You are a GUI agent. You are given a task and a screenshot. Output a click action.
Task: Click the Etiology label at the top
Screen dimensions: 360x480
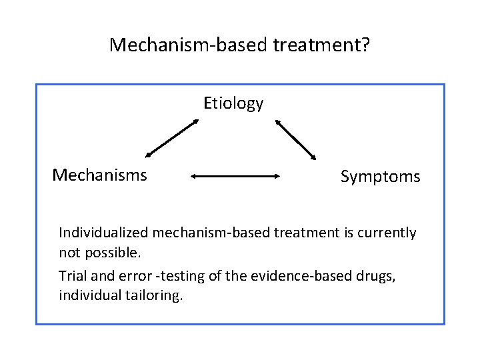233,103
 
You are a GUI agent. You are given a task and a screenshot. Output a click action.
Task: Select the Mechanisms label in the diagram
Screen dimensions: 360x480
100,175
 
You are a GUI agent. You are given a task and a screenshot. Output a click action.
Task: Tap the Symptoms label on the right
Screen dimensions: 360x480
380,177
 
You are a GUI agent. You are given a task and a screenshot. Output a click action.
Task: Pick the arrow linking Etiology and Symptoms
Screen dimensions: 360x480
295,139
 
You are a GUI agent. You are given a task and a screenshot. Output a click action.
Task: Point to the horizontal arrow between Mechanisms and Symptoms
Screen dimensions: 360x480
237,177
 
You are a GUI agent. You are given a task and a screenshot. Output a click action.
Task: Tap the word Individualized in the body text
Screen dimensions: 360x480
103,233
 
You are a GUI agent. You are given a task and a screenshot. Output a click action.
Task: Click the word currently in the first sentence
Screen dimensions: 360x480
387,233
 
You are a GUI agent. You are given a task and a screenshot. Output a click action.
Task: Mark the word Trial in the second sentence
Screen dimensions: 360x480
72,276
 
